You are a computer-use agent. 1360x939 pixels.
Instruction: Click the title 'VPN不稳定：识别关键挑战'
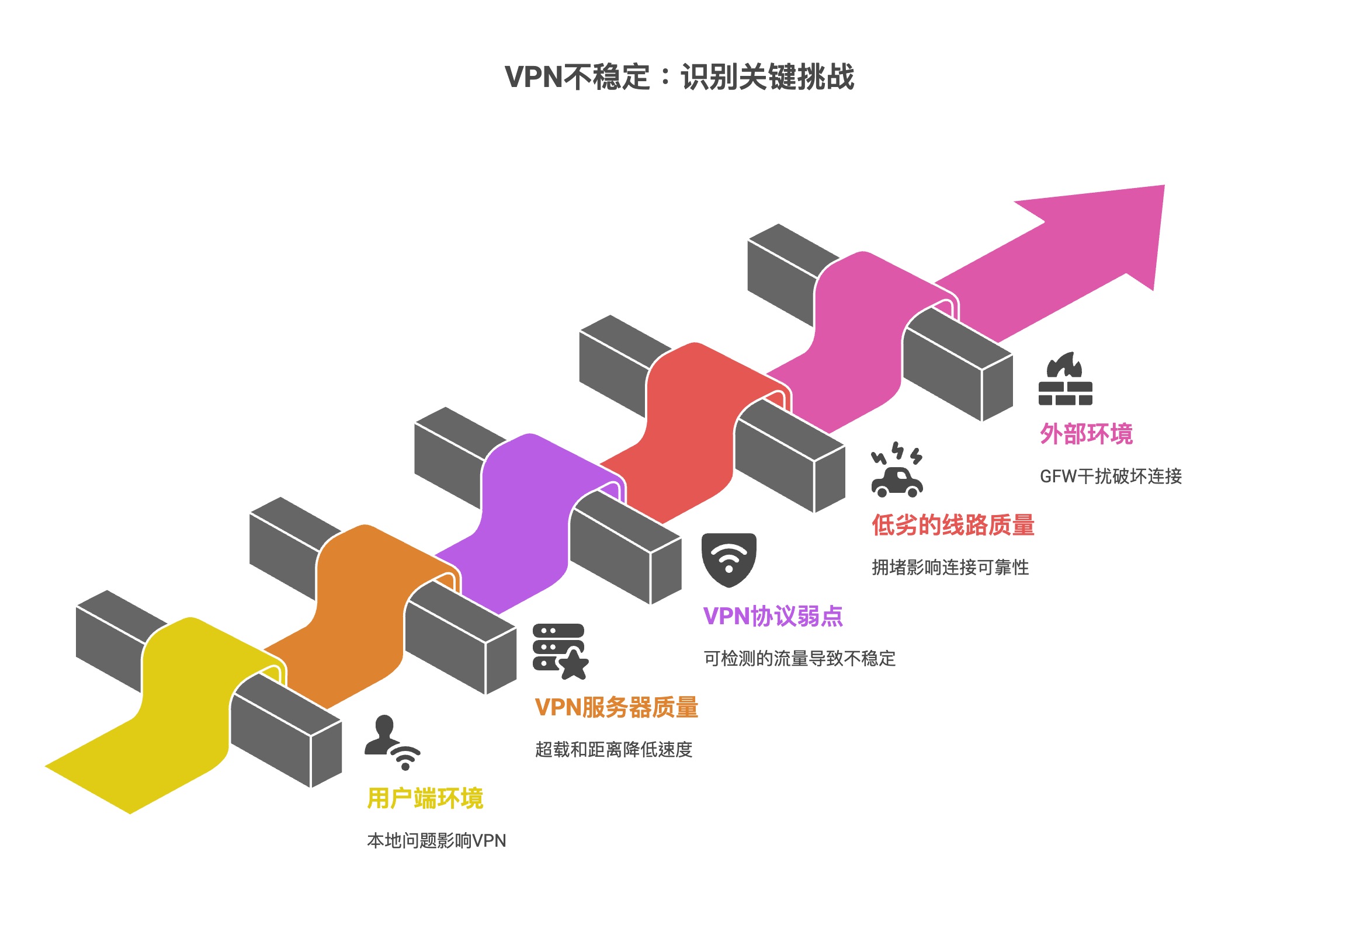(679, 77)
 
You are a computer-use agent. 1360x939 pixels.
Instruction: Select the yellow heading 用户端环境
(425, 798)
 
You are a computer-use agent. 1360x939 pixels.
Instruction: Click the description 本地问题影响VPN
(436, 841)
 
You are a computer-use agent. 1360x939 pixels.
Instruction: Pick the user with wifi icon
(391, 742)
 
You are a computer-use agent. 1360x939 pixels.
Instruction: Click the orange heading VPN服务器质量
(616, 707)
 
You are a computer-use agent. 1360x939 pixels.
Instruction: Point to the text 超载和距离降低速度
(613, 750)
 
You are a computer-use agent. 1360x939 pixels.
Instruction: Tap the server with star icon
(560, 651)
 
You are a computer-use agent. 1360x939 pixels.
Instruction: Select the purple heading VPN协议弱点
(773, 616)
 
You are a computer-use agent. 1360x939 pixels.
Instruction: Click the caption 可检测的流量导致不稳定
(799, 658)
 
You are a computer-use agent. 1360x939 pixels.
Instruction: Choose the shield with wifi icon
(728, 559)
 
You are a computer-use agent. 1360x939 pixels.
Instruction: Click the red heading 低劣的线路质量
(952, 525)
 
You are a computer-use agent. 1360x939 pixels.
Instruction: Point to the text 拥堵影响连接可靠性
(950, 567)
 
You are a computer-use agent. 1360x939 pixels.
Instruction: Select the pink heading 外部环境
(1086, 434)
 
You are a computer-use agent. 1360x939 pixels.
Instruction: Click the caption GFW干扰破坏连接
(1111, 476)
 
